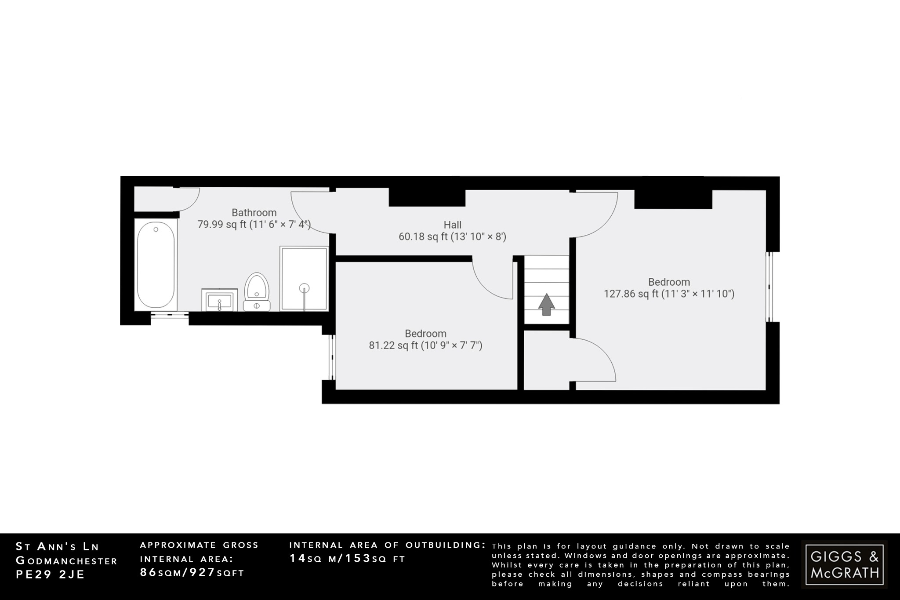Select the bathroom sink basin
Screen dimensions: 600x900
click(x=219, y=301)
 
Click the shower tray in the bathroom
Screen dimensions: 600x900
click(x=304, y=279)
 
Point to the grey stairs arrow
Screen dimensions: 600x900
click(x=546, y=304)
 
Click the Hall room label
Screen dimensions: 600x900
click(x=452, y=225)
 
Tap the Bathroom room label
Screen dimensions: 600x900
click(x=254, y=213)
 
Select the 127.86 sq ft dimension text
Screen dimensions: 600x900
click(x=669, y=294)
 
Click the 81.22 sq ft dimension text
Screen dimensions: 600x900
click(x=425, y=345)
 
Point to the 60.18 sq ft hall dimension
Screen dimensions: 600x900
click(x=452, y=237)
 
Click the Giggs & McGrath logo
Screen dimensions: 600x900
click(x=844, y=564)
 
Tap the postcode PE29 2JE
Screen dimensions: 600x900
click(x=50, y=575)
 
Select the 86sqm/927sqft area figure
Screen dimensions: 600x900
click(x=192, y=573)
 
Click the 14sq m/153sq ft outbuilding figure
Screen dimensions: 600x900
click(x=347, y=559)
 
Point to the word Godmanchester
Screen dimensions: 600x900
click(x=66, y=561)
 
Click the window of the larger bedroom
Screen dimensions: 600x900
click(x=770, y=287)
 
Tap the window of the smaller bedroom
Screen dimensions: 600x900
click(x=333, y=357)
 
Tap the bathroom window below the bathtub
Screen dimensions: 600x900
click(x=170, y=315)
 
